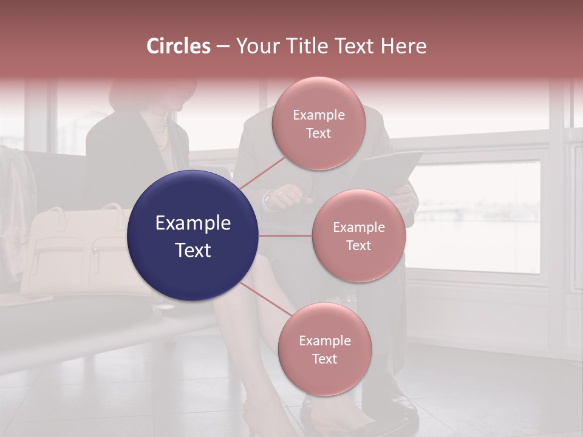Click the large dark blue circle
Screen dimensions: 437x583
click(193, 235)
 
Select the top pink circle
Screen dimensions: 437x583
click(318, 123)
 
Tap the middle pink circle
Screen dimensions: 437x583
click(358, 235)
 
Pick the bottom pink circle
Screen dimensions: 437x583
click(324, 349)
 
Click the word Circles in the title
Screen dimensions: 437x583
click(179, 46)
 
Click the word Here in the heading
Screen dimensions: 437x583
click(404, 46)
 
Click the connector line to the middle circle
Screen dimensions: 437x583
click(285, 235)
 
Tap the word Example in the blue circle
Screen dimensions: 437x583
click(193, 223)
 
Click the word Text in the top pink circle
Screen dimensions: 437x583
click(318, 133)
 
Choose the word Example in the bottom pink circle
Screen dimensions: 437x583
click(324, 340)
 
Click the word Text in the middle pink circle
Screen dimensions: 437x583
click(358, 245)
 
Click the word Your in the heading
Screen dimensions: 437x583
click(257, 46)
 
